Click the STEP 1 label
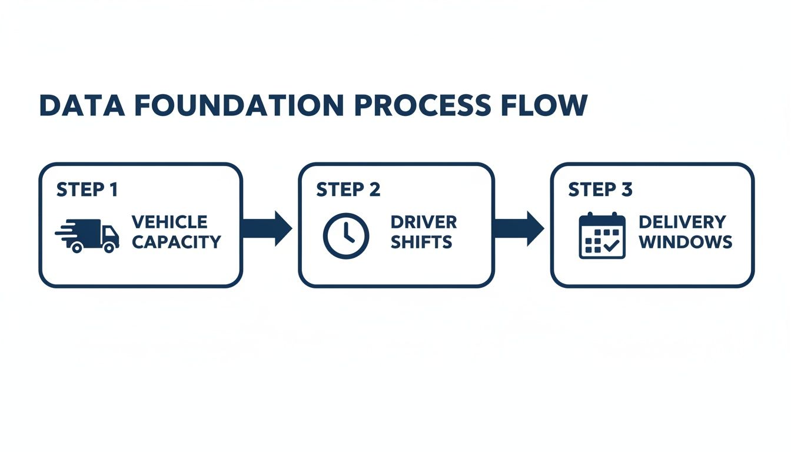click(x=87, y=190)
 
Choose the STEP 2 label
click(x=348, y=190)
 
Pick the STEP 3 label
click(x=600, y=190)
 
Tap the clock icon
click(x=346, y=235)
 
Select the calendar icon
click(x=601, y=235)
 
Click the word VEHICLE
click(x=169, y=222)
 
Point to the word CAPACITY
click(x=176, y=241)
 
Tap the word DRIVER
click(x=423, y=222)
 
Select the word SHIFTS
click(x=421, y=241)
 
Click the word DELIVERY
click(x=682, y=222)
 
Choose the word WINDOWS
click(x=686, y=241)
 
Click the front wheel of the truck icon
click(x=109, y=248)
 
